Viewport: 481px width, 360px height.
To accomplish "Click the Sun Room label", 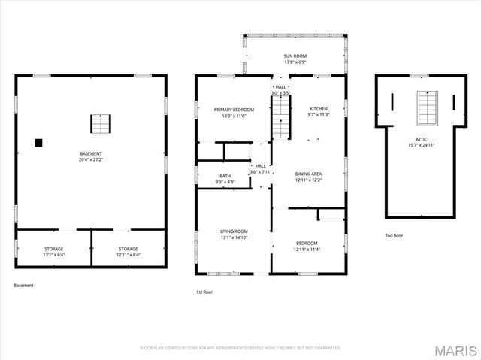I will [294, 56].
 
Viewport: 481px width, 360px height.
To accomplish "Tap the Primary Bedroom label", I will [231, 109].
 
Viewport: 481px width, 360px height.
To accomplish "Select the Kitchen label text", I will [319, 109].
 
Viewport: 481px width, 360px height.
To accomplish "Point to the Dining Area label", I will [308, 174].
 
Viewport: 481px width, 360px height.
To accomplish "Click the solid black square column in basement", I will [39, 142].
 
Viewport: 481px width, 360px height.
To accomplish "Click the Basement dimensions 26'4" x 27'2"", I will [90, 159].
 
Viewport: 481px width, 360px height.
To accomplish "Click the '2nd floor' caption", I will [394, 236].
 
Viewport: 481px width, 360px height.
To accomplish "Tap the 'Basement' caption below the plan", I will [23, 286].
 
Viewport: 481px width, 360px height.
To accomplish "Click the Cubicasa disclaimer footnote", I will [240, 348].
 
